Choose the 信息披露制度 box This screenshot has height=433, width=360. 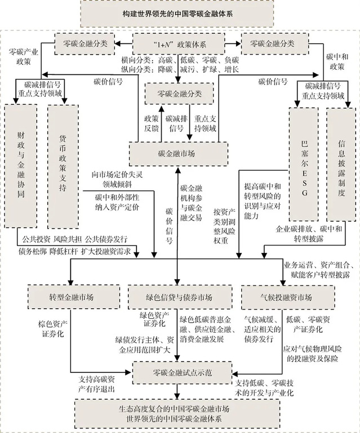tap(341, 163)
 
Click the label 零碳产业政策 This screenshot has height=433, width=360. tap(23, 56)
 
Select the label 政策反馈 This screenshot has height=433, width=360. tap(151, 124)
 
